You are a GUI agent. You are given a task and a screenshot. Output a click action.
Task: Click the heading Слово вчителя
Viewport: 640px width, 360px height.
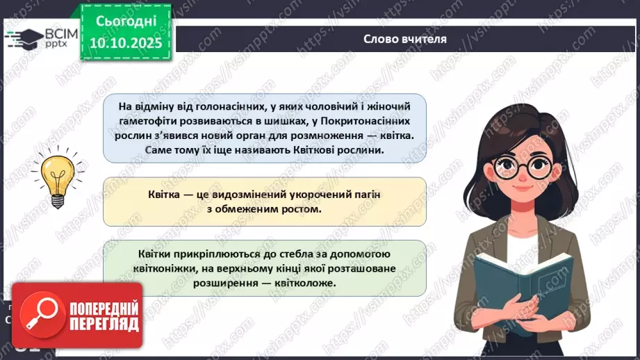[x=404, y=39]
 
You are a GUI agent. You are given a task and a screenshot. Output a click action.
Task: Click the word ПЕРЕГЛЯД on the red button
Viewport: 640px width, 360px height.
[x=105, y=324]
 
